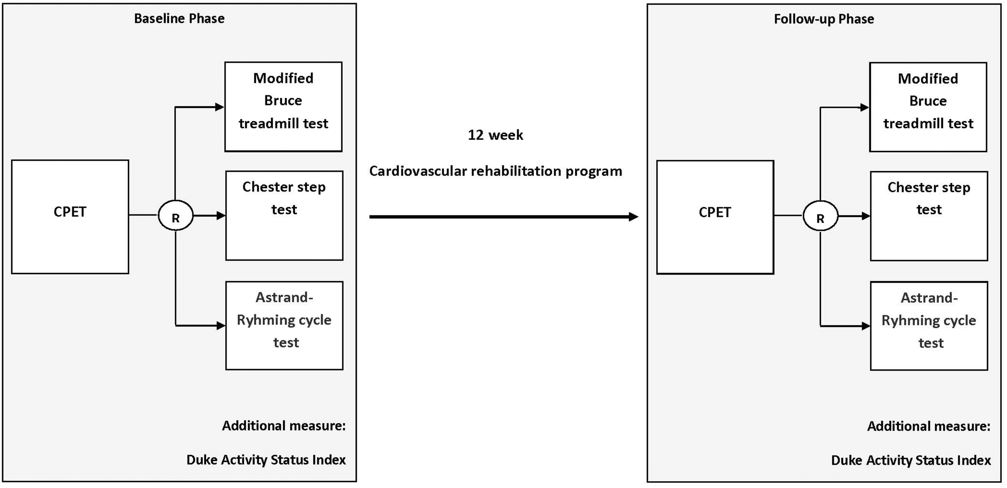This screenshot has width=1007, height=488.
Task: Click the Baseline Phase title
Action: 179,19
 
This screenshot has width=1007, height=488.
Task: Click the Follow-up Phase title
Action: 824,19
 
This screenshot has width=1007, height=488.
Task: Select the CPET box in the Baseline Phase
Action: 70,217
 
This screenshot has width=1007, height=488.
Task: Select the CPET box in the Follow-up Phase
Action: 715,217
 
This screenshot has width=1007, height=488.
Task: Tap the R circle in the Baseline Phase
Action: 176,216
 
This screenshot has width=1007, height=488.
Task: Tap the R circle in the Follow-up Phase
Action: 821,216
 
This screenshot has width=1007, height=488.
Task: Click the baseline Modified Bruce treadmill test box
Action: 283,107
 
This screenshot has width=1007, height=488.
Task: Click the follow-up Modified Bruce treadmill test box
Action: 928,107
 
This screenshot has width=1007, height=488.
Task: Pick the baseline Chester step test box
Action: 284,215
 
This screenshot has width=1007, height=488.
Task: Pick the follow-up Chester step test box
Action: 929,216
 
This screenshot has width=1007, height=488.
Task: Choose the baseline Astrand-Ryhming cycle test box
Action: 284,325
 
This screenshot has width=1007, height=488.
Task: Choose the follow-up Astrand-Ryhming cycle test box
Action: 929,326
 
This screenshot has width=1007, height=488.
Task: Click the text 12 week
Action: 495,135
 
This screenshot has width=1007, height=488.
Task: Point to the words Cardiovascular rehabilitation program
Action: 495,171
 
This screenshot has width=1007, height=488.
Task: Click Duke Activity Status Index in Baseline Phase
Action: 266,460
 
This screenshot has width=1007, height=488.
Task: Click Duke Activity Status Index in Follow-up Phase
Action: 911,460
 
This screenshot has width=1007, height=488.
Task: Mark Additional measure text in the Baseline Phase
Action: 284,426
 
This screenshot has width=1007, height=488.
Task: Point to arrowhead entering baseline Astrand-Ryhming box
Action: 221,325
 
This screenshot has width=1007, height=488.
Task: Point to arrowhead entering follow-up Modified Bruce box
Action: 864,108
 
